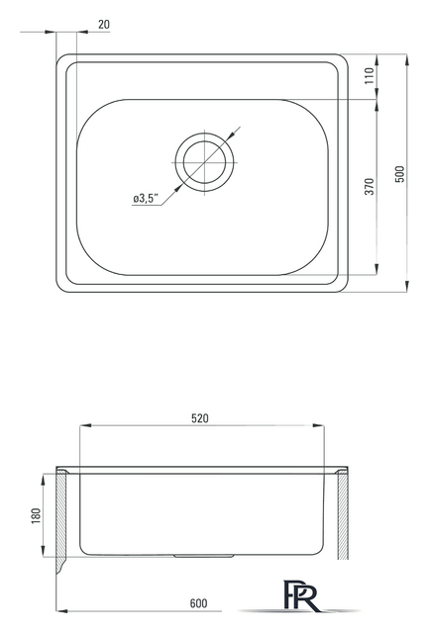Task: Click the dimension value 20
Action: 104,25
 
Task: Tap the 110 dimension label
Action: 370,76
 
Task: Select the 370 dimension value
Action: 370,186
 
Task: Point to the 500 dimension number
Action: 399,174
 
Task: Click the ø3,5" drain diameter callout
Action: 146,199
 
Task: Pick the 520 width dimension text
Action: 200,418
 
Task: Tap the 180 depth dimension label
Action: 36,516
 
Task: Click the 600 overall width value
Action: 198,603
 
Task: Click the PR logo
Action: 302,595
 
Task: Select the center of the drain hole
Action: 205,162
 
